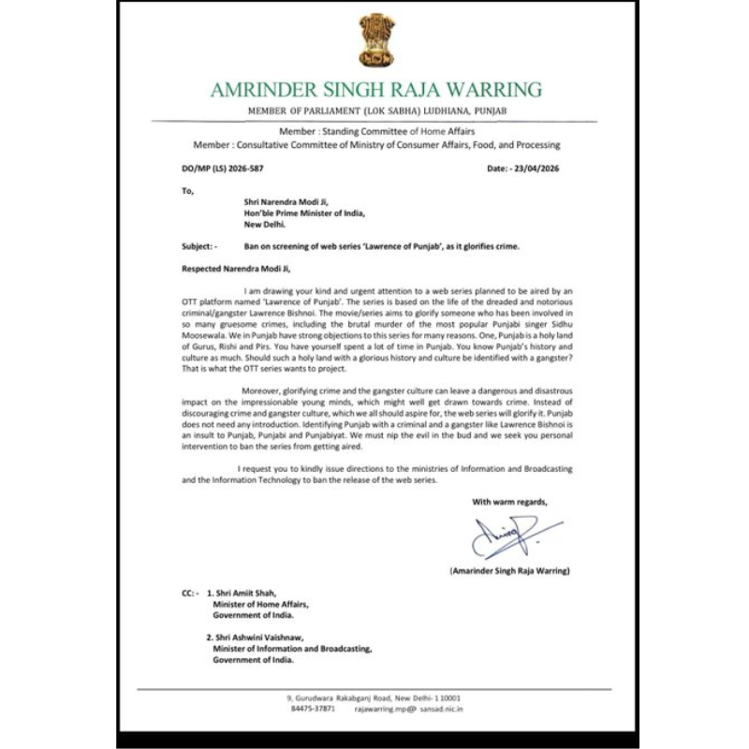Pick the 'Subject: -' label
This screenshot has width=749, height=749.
[x=199, y=245]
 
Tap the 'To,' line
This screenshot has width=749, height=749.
[x=188, y=190]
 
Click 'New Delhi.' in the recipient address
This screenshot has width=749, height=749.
[x=268, y=225]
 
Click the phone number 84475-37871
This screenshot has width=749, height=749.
[x=313, y=710]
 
